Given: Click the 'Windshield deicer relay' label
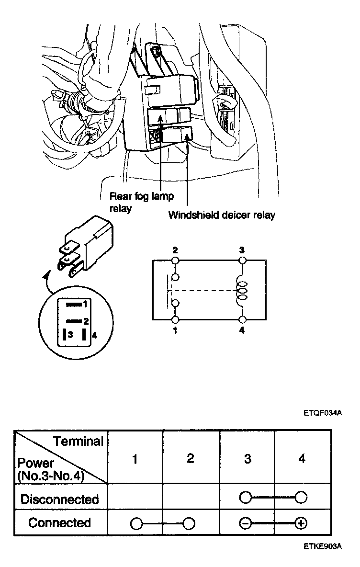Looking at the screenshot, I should click(x=221, y=215).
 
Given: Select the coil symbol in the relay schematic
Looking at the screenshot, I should click(x=241, y=290).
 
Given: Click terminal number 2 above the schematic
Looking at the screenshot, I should click(x=175, y=250).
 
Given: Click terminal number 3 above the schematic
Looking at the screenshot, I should click(x=242, y=250).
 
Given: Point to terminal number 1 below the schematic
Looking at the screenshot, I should click(x=175, y=330).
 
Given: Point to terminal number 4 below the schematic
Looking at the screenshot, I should click(x=242, y=330).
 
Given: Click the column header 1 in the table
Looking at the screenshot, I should click(x=135, y=459).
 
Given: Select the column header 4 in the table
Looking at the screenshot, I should click(x=301, y=459).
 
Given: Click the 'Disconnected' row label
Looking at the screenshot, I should click(x=59, y=499).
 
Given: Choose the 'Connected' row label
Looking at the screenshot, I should click(x=59, y=522).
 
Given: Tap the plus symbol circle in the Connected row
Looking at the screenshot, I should click(x=301, y=523).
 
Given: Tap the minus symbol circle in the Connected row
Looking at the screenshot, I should click(x=245, y=523).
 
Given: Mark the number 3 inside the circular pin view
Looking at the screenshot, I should click(x=70, y=335).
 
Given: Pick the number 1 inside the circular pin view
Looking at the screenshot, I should click(x=84, y=304).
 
